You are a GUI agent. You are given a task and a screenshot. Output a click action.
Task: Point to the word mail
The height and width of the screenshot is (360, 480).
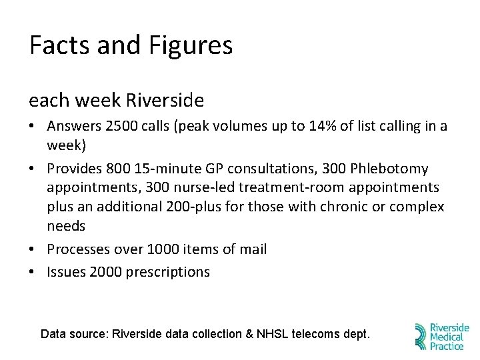click(x=253, y=249)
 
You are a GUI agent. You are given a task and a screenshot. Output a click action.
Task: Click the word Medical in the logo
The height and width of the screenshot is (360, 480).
click(x=448, y=337)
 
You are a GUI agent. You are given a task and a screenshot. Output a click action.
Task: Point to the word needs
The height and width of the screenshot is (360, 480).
click(x=66, y=226)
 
